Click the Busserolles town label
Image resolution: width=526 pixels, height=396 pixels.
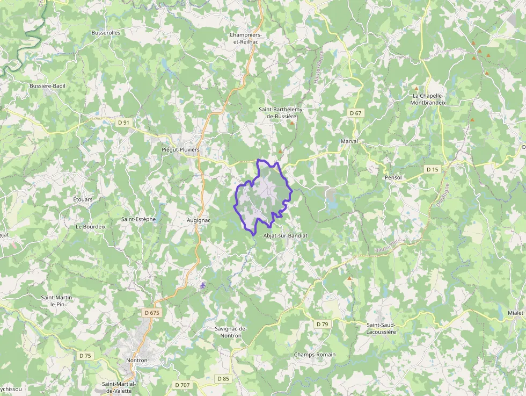coord(106,32)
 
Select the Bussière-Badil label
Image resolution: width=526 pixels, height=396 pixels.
coord(47,86)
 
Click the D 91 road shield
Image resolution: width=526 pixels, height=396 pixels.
coord(123,123)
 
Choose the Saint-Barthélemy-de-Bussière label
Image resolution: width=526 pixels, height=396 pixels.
coord(281,113)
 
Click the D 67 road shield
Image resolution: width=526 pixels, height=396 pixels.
coord(355,113)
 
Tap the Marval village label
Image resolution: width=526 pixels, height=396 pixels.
coord(349,141)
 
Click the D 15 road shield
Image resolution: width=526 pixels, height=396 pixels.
coord(432,169)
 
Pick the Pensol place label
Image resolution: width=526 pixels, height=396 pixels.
coord(393,177)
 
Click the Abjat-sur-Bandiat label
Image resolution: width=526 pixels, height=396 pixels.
coord(286,235)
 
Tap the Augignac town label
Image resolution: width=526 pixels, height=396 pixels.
coord(199,220)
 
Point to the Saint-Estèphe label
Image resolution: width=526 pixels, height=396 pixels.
coord(138,219)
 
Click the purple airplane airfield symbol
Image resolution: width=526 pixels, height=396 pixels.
coord(202,285)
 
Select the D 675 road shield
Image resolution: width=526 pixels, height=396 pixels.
coord(152,312)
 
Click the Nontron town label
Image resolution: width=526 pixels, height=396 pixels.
coord(136,360)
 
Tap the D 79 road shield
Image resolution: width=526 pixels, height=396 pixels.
coord(322,324)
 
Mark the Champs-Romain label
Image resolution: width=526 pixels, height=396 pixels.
coord(315,355)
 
